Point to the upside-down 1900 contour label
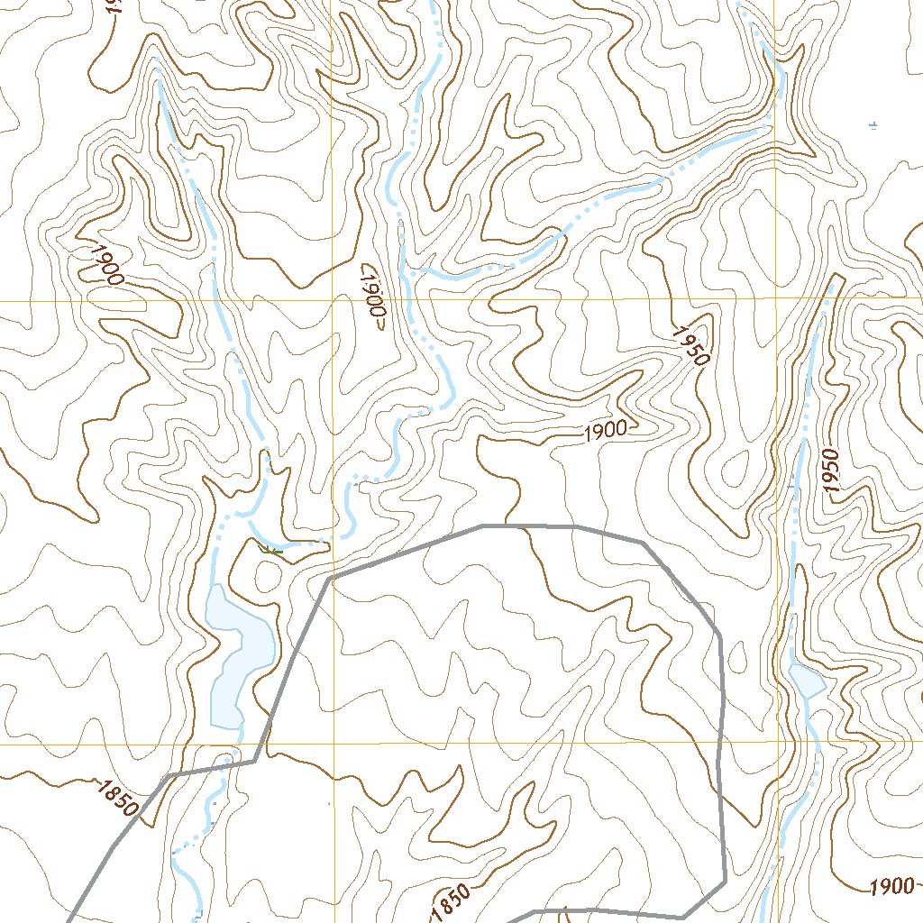[x=373, y=297]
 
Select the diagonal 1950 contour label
[x=691, y=343]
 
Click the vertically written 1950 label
[x=831, y=470]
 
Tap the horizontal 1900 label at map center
[x=605, y=432]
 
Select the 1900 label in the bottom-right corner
[x=891, y=887]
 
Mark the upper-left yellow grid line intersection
[x=333, y=299]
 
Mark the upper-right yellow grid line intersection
[x=775, y=297]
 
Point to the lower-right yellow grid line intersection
[x=775, y=742]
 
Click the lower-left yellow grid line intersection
[x=334, y=745]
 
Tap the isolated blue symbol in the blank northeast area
[x=873, y=125]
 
